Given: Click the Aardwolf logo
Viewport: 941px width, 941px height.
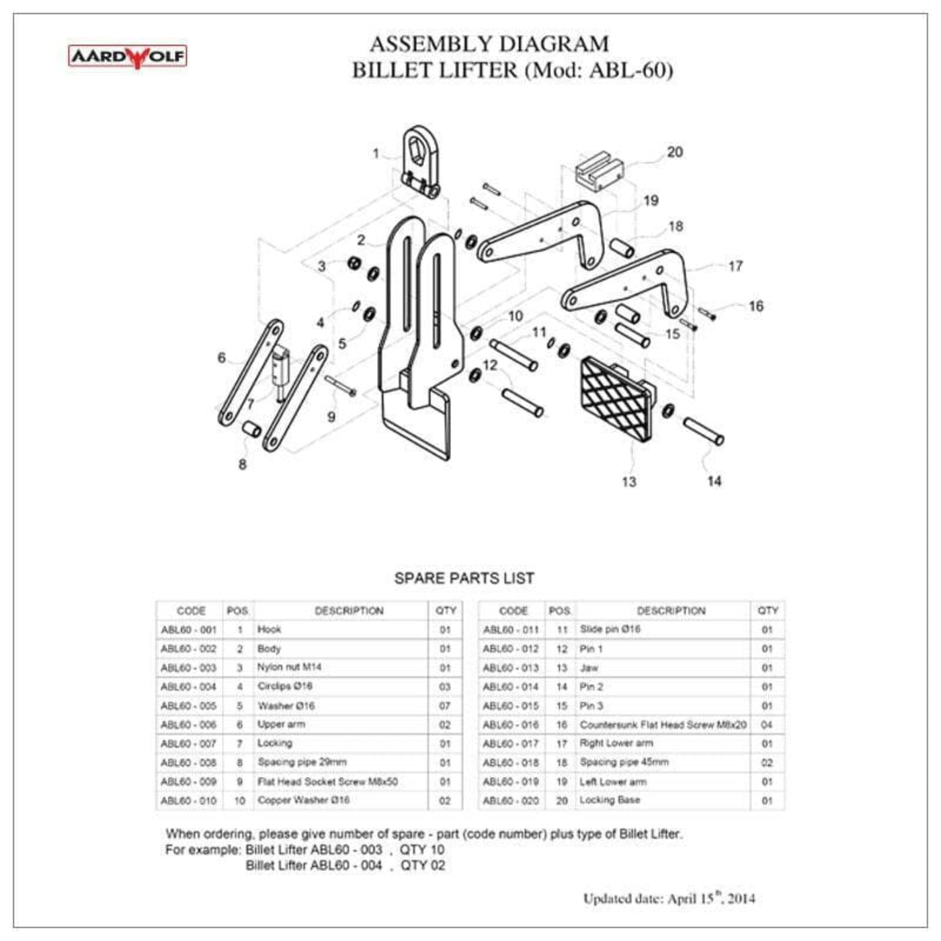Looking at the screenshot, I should point(127,56).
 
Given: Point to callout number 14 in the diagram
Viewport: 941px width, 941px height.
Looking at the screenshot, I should point(714,481).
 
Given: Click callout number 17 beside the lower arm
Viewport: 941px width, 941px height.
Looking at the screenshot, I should point(735,266).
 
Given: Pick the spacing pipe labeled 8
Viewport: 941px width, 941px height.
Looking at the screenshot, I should point(251,429).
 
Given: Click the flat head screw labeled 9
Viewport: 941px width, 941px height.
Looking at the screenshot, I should point(341,386).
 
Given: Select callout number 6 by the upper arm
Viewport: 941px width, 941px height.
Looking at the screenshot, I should point(222,358).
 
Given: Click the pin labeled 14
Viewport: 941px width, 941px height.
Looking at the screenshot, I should point(703,431).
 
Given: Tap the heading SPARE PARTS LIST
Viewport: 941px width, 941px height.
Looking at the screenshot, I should point(464,578).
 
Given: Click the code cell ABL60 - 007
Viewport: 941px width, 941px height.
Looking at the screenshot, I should point(189,744).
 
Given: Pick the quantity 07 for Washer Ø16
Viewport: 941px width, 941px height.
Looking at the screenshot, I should point(445,706).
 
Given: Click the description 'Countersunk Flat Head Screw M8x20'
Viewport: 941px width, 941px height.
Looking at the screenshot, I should point(663,725).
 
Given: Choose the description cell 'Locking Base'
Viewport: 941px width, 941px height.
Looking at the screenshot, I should point(610,801).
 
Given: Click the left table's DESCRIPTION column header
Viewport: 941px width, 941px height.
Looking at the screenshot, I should point(349,611).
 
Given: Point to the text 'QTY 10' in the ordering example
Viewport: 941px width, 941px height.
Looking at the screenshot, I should point(422,850).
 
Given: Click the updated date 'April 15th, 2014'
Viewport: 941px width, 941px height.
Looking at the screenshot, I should point(711,899).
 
